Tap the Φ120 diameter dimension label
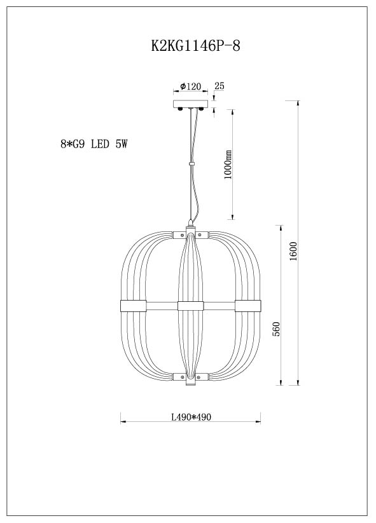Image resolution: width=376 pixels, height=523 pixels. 190,86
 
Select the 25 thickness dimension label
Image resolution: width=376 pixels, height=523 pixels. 219,86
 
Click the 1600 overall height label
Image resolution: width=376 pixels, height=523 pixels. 293,251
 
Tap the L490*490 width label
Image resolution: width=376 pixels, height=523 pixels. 191,418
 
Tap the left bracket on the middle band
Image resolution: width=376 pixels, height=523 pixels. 133,306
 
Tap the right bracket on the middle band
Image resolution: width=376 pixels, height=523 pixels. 248,306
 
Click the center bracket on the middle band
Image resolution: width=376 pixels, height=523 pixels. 190,306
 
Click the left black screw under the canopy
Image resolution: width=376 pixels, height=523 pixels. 181,109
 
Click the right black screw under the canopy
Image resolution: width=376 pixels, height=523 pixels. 202,109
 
